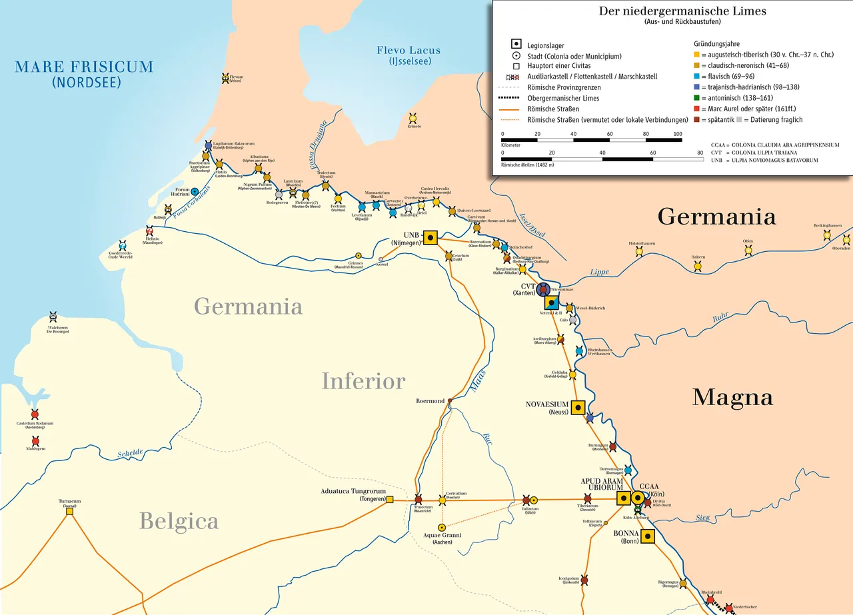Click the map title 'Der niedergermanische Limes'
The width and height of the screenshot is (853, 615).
point(673,11)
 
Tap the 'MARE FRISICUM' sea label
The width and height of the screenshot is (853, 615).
point(84,67)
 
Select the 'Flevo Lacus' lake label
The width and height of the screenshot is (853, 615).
point(409,51)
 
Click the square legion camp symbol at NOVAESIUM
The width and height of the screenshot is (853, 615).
point(577,408)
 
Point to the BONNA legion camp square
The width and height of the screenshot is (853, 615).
point(648,538)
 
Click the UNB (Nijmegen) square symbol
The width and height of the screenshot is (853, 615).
point(430,237)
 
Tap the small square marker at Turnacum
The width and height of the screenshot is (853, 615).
point(69,511)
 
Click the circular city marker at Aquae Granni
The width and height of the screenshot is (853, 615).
point(442,528)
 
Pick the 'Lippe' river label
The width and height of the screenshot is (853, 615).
point(599,272)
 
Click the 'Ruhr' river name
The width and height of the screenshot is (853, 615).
point(720,318)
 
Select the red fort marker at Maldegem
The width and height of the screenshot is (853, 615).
point(35,441)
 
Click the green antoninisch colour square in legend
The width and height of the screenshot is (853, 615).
point(696,98)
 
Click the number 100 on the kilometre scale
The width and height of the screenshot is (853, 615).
point(677,134)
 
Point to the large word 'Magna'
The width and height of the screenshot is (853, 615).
point(732,397)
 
